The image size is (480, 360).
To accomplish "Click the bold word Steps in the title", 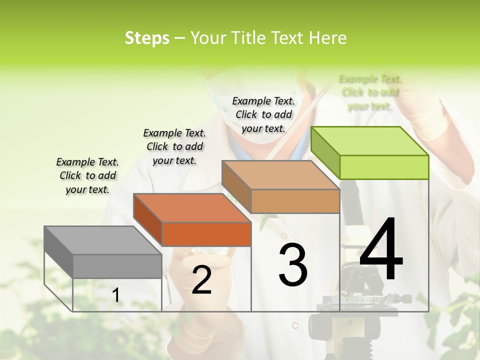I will pos(147,38).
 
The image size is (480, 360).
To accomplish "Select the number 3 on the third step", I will pos(293,265).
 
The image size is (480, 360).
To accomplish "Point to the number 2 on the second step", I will pos(201,280).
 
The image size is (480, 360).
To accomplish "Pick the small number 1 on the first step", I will pos(116,295).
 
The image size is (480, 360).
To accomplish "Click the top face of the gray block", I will pos(102,240).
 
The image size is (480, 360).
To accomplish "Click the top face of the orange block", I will pos(192,207).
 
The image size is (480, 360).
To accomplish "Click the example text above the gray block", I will pos(87,175).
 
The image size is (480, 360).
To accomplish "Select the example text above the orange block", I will pos(174,146).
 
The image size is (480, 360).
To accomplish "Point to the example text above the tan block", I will pos(263,114).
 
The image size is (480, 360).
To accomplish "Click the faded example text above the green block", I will pos(370,92).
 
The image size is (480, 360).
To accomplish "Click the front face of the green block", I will pos(384,167).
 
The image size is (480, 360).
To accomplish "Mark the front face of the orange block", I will pos(206,234).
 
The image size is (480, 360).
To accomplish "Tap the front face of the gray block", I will pos(117,266).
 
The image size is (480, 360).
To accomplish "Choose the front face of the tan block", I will pos(295,201).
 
